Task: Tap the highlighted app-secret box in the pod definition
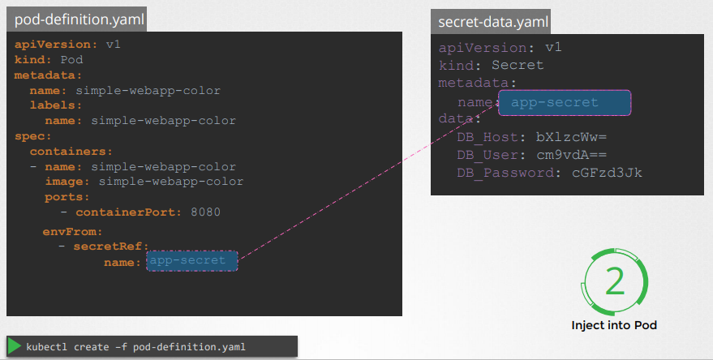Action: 192,261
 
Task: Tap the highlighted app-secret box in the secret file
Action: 565,103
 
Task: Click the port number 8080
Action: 205,212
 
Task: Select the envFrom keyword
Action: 67,231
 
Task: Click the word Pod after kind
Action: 72,60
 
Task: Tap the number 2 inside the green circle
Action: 615,281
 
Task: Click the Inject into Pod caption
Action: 614,325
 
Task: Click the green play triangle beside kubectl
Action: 15,346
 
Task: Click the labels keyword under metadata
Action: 54,105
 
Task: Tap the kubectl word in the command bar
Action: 47,347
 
